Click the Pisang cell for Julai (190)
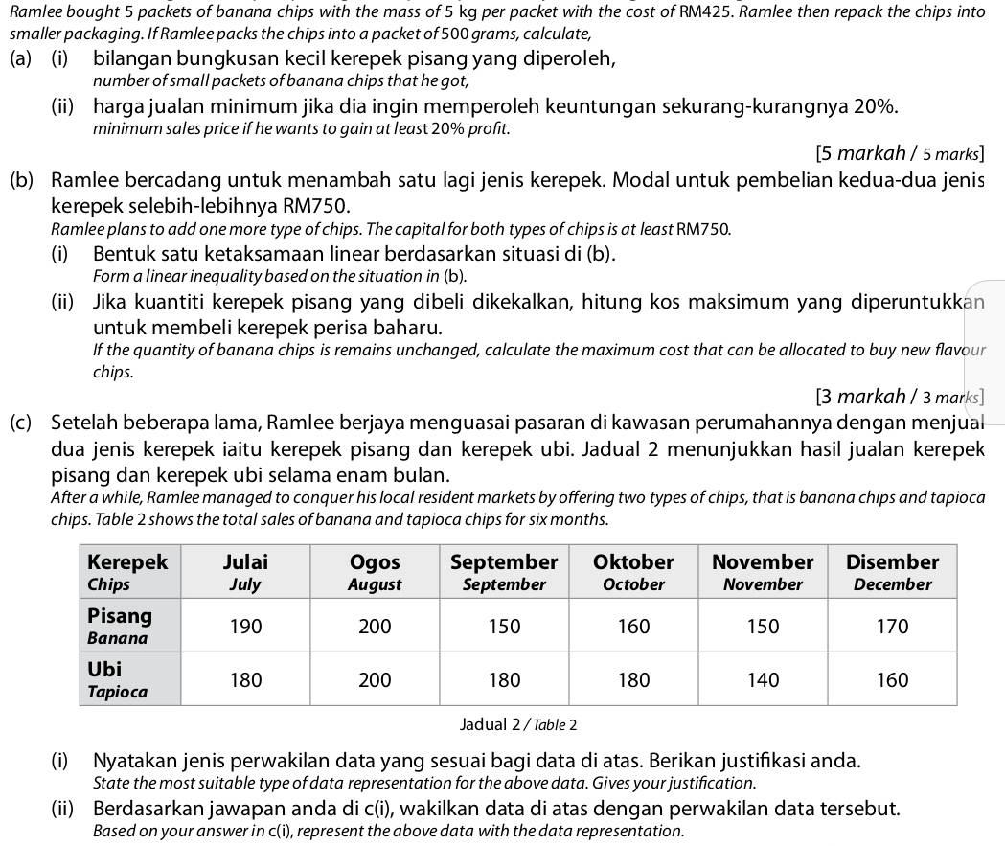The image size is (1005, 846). tap(245, 627)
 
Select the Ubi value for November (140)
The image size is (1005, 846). tap(764, 680)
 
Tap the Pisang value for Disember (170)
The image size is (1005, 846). tap(893, 627)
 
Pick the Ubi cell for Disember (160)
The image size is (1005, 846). tap(893, 680)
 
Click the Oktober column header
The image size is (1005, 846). tap(633, 572)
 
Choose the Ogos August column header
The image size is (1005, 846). tap(375, 572)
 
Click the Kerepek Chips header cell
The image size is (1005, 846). tap(127, 572)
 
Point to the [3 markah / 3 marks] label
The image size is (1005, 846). tap(900, 396)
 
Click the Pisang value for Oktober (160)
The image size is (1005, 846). tap(633, 627)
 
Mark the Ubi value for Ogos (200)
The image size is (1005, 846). tap(375, 680)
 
